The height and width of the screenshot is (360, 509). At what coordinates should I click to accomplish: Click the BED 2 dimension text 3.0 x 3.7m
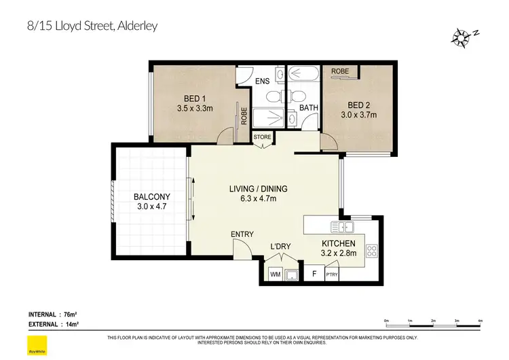[358, 115]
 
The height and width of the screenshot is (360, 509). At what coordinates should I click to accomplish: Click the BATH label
[309, 107]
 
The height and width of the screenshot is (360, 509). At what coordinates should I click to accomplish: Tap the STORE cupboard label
[262, 137]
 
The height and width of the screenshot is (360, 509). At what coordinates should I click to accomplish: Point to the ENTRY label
[242, 234]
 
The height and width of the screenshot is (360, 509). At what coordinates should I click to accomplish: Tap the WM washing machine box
[276, 274]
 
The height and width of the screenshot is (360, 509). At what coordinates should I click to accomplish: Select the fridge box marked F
[313, 274]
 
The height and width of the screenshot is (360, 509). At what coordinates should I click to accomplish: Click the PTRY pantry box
[331, 274]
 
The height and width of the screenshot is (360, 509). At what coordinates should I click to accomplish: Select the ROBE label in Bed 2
[340, 71]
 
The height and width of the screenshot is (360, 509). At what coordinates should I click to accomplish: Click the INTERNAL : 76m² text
[52, 314]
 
